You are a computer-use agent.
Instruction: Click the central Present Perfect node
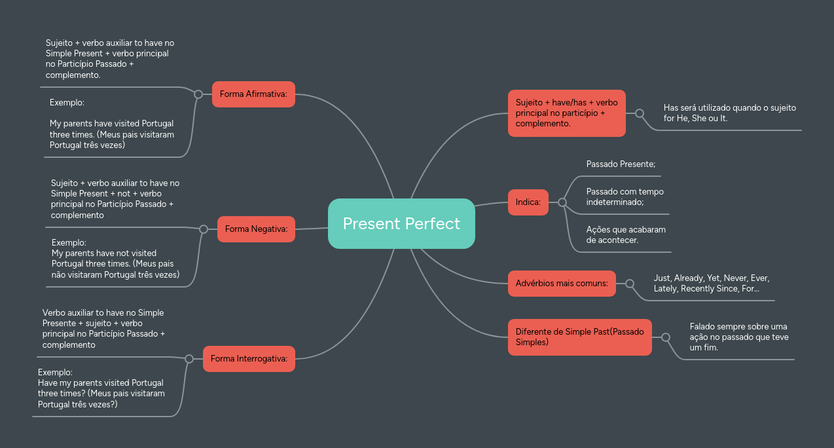[x=401, y=224]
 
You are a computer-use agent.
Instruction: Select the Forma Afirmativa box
[x=253, y=94]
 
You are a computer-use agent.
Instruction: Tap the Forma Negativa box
[x=256, y=229]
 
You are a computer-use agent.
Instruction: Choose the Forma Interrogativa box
[x=249, y=359]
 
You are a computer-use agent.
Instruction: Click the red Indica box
[x=528, y=202]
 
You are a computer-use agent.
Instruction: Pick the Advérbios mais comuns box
[x=562, y=284]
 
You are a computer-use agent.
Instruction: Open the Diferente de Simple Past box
[x=579, y=337]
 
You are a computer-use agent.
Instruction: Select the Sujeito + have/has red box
[x=566, y=113]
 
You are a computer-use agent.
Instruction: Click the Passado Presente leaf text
[x=621, y=164]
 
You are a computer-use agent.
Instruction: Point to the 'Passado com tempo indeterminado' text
[x=625, y=197]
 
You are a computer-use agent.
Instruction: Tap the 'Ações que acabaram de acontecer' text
[x=626, y=234]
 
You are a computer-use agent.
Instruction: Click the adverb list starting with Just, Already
[x=711, y=284]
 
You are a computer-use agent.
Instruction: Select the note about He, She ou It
[x=729, y=113]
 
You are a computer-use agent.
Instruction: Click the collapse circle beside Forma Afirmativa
[x=198, y=94]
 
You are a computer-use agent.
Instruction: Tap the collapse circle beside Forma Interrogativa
[x=189, y=359]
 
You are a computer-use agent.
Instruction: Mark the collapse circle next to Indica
[x=562, y=202]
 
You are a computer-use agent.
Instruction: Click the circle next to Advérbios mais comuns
[x=630, y=284]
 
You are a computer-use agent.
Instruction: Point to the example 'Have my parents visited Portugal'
[x=101, y=388]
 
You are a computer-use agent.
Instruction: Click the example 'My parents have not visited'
[x=115, y=259]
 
